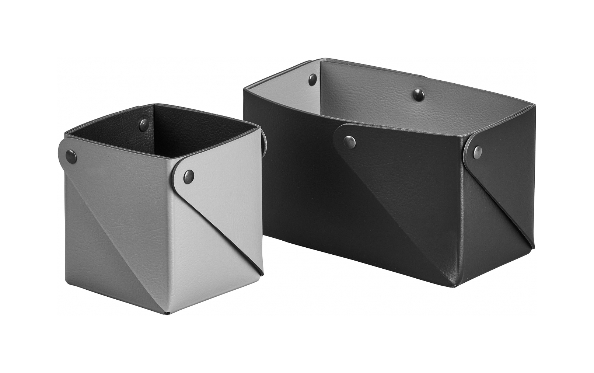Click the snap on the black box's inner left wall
point(313,78)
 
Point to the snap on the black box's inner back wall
point(417,93)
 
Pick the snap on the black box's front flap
point(348,140)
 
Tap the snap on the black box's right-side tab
point(478,149)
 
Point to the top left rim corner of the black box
point(244,88)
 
